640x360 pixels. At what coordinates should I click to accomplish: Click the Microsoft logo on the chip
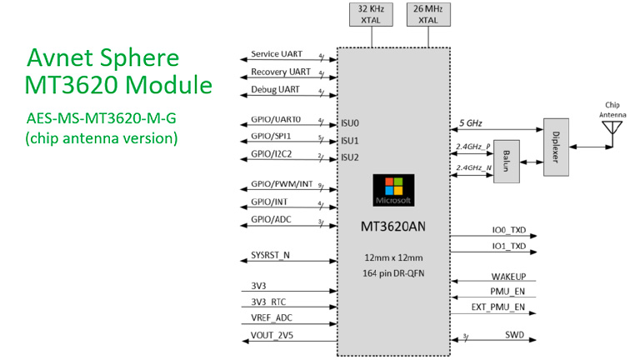point(392,191)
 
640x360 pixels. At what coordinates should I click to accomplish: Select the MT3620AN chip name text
point(393,225)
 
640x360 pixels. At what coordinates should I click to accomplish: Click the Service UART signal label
point(276,54)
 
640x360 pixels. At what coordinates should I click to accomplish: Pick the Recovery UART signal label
point(279,72)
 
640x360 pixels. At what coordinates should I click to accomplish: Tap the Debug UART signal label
point(275,89)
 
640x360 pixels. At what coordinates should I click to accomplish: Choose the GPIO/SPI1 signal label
point(271,138)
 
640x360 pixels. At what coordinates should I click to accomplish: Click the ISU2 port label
point(350,157)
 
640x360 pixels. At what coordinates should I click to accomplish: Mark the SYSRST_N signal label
point(270,254)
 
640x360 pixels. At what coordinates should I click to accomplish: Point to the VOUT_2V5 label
point(272,337)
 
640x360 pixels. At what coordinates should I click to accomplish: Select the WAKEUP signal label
point(508,277)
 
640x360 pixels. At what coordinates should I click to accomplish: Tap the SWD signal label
point(515,336)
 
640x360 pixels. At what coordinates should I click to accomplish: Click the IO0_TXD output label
point(508,231)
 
